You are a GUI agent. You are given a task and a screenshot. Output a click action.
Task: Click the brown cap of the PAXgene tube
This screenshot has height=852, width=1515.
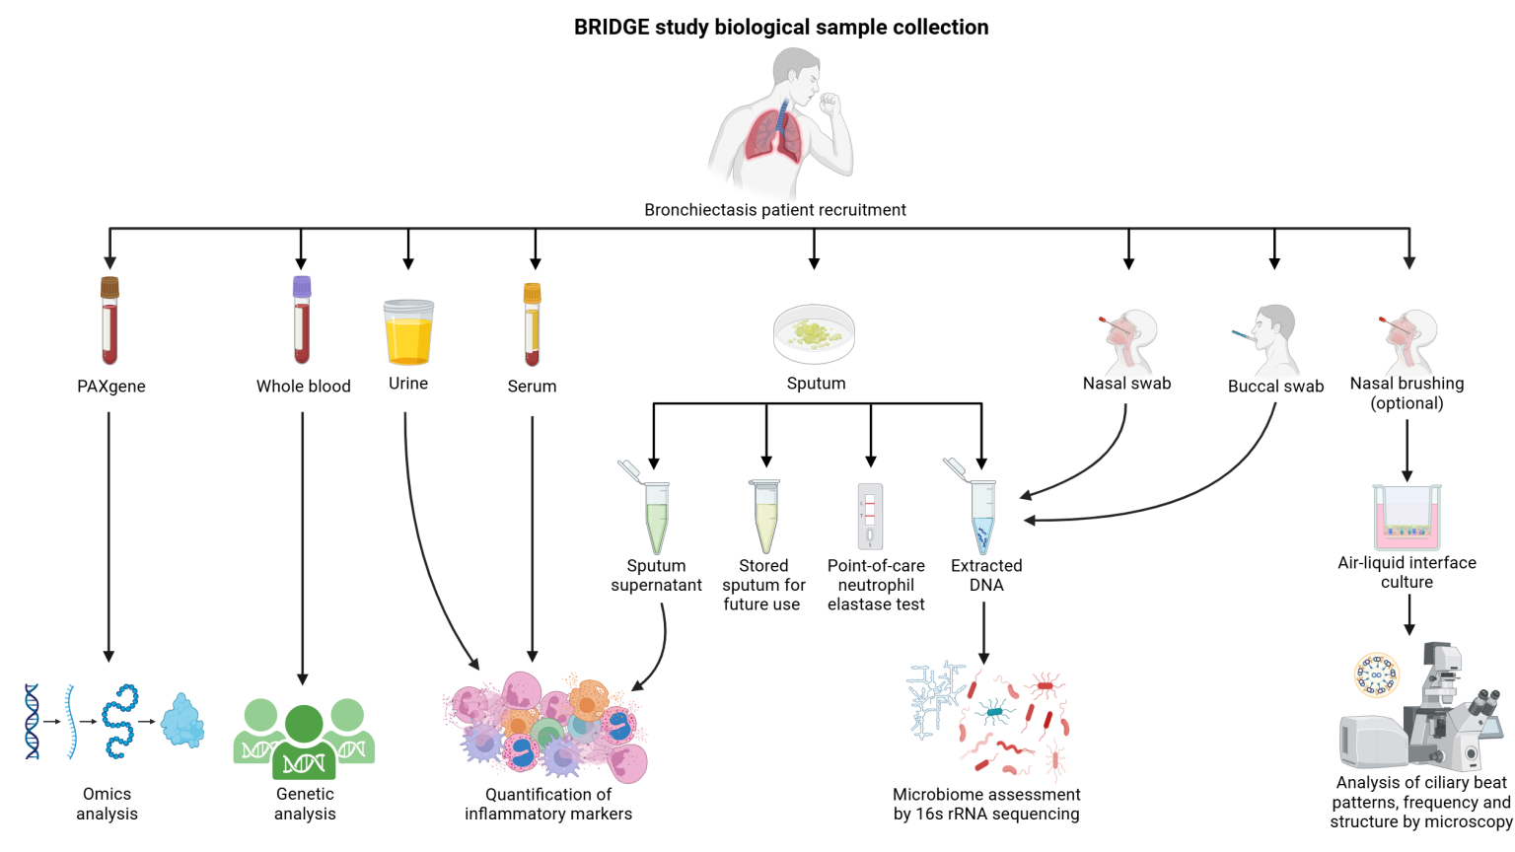[109, 287]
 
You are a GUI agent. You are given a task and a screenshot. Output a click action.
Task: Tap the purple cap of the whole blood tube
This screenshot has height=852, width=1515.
[302, 287]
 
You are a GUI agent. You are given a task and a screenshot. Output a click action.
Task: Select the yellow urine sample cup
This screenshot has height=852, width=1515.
[408, 332]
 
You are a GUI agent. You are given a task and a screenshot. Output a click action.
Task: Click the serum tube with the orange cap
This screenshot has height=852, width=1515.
[533, 324]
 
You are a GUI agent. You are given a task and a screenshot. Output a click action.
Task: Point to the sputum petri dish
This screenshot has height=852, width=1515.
[815, 334]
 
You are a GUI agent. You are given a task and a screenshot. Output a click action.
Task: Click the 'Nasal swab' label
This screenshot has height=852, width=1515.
[1126, 384]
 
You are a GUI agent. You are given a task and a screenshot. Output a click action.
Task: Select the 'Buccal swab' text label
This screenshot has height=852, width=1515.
[1275, 387]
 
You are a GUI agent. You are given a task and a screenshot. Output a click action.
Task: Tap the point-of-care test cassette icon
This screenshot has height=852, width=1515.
[871, 516]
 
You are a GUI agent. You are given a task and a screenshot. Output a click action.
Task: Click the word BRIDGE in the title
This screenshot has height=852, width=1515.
[612, 27]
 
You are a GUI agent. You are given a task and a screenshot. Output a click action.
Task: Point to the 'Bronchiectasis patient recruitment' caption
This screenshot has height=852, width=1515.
[775, 210]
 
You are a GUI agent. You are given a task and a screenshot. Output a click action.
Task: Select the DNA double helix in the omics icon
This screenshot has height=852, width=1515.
[32, 722]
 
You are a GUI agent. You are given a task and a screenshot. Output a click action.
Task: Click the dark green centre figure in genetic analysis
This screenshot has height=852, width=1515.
[305, 743]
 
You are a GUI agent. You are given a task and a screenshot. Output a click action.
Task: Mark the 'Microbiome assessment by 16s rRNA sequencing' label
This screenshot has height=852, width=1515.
[986, 804]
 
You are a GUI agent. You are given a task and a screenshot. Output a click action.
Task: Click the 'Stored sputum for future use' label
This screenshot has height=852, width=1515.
[763, 585]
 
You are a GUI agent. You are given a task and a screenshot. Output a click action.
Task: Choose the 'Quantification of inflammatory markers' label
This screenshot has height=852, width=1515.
[548, 804]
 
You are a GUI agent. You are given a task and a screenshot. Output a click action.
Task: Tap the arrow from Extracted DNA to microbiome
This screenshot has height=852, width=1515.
[984, 633]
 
